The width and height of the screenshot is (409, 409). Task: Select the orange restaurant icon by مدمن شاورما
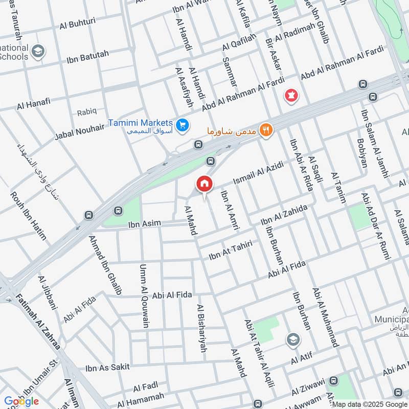coord(265,130)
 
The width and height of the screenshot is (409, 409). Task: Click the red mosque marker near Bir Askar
coord(291,96)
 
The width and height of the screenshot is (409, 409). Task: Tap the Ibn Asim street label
coord(144,223)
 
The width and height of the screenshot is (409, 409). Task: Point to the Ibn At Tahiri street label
coord(231,250)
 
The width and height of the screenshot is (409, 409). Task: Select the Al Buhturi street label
coord(77,25)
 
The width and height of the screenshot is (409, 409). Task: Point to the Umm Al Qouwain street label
coord(145,295)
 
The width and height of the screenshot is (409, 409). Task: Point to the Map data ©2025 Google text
coord(369,404)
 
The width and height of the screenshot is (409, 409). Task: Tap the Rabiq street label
coord(86,112)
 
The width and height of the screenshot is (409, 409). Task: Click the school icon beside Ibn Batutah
coord(37,51)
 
